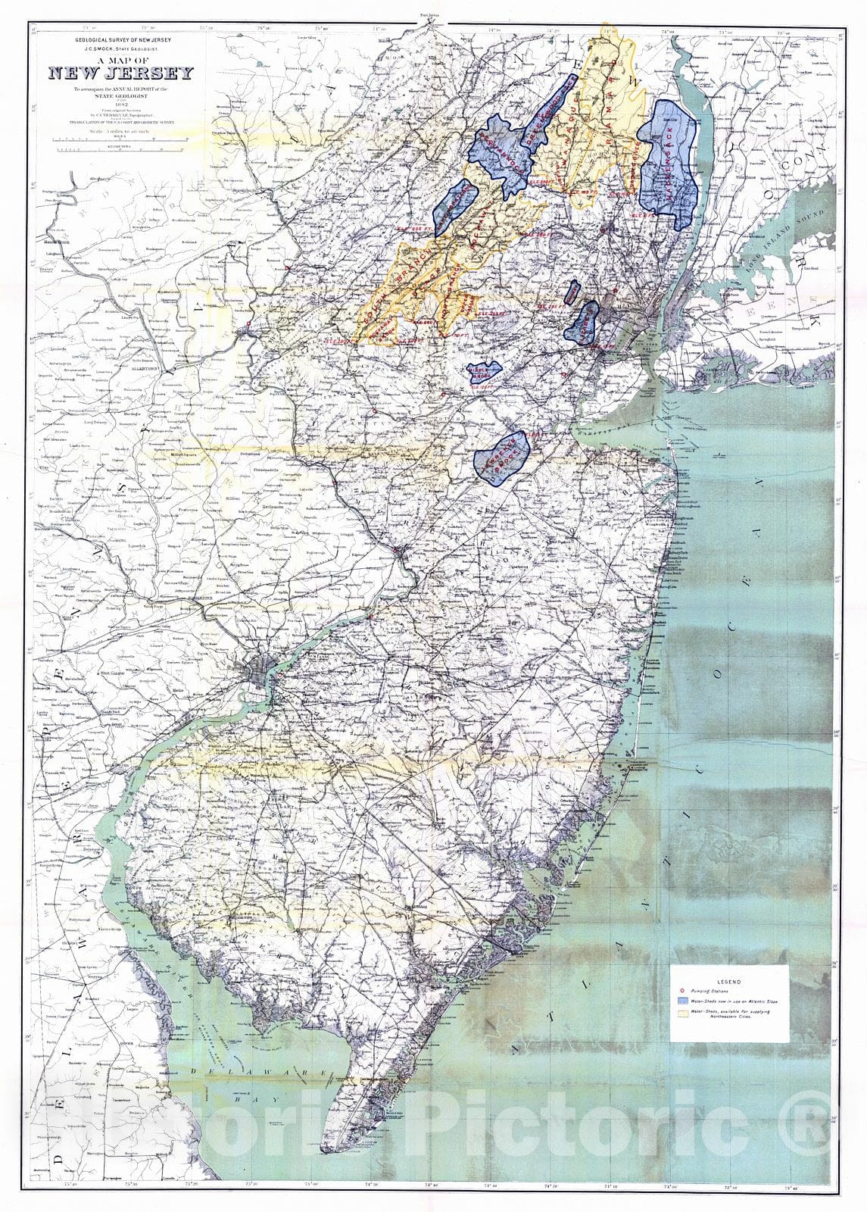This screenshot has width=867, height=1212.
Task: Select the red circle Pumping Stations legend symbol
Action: (681, 991)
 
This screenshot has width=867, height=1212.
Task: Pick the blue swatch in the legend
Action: (681, 1001)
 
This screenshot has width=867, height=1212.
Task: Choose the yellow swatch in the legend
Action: (681, 1011)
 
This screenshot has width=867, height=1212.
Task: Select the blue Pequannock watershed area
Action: (500, 151)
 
